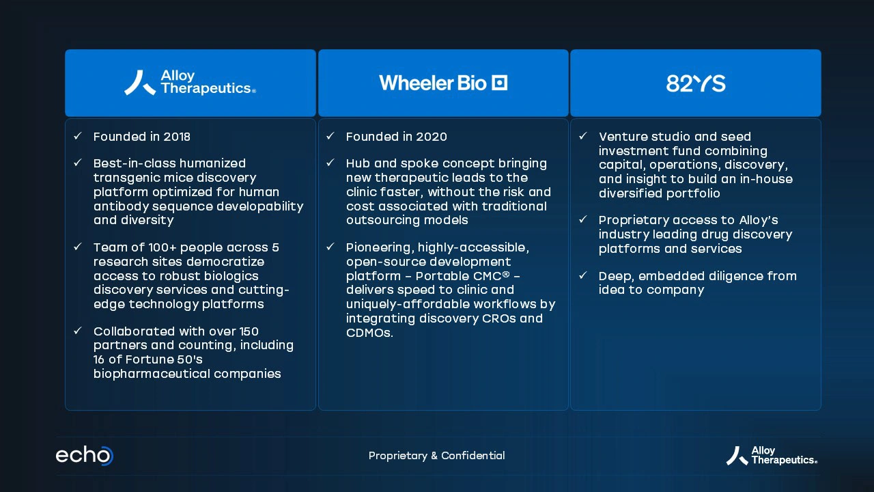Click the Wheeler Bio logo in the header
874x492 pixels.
tap(443, 83)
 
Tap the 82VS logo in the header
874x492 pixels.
tap(696, 83)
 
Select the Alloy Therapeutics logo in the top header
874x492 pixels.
tap(190, 83)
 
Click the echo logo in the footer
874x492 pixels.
tap(85, 456)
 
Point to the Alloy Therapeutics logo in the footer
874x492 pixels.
tap(772, 456)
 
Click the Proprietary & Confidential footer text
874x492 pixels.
tap(436, 456)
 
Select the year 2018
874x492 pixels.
tap(177, 137)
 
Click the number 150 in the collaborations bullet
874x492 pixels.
tap(249, 331)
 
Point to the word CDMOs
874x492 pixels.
tap(369, 333)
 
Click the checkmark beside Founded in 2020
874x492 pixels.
tap(330, 136)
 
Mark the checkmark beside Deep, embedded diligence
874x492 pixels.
tap(583, 275)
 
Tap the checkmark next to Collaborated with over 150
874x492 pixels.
tap(78, 331)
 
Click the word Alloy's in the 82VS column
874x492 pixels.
tap(759, 221)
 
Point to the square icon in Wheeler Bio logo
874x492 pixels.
tap(499, 83)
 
